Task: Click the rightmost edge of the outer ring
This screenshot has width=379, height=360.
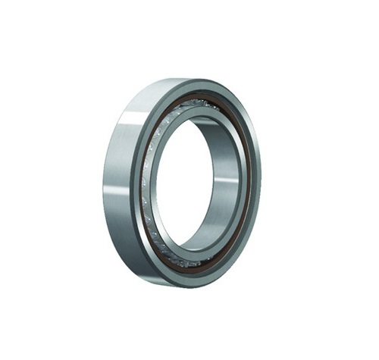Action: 261,182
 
